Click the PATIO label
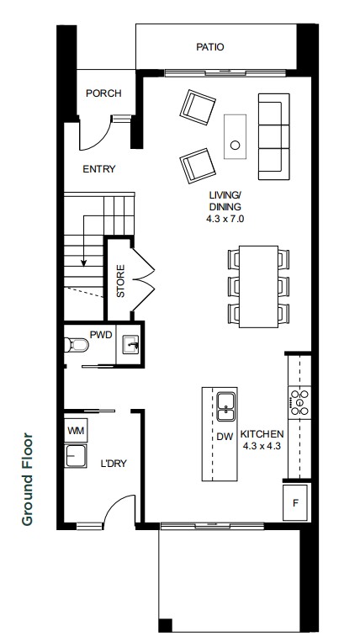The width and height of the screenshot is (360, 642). pyautogui.click(x=210, y=47)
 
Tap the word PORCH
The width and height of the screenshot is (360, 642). pyautogui.click(x=103, y=93)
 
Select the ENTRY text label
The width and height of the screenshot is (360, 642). pyautogui.click(x=99, y=169)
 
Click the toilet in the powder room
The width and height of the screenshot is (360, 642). pyautogui.click(x=77, y=345)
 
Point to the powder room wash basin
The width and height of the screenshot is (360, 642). pyautogui.click(x=130, y=344)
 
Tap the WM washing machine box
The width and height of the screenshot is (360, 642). pyautogui.click(x=76, y=430)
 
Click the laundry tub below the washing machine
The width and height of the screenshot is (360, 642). pyautogui.click(x=75, y=456)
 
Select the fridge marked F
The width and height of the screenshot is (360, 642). pyautogui.click(x=295, y=503)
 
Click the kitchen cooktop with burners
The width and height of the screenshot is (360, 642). pyautogui.click(x=299, y=402)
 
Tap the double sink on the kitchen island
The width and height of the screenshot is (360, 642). pyautogui.click(x=225, y=406)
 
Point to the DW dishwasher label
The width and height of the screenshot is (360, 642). pyautogui.click(x=225, y=437)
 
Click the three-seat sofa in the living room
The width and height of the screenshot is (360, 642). pyautogui.click(x=273, y=136)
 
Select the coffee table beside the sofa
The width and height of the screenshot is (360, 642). pyautogui.click(x=235, y=137)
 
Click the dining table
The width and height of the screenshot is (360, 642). pyautogui.click(x=258, y=286)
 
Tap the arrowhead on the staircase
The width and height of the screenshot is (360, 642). pyautogui.click(x=84, y=263)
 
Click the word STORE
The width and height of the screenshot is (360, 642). pyautogui.click(x=120, y=281)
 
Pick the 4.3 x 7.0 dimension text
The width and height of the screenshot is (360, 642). pyautogui.click(x=225, y=219)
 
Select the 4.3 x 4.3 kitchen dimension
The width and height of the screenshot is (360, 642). pyautogui.click(x=262, y=446)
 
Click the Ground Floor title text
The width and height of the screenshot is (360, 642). pyautogui.click(x=27, y=479)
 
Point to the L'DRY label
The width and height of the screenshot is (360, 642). pyautogui.click(x=114, y=464)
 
